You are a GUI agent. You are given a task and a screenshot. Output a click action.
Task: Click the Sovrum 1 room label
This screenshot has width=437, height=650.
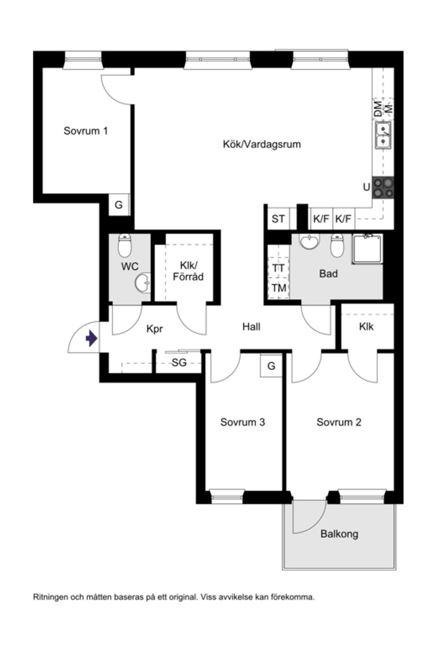click(86, 131)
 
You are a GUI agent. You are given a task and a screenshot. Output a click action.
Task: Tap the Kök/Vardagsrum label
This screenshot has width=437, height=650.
click(262, 144)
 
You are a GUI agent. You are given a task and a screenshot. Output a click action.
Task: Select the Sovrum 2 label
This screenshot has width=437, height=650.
click(339, 422)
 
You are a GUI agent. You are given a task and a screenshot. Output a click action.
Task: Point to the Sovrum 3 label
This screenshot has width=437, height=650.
click(243, 422)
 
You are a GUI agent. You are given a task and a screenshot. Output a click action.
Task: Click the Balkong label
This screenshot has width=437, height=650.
click(339, 534)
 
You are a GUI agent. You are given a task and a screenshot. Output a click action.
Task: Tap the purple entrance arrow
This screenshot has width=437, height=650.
click(91, 338)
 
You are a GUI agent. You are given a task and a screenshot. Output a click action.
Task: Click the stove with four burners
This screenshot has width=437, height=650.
click(384, 187)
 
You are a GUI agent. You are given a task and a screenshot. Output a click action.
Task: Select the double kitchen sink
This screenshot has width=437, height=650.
click(384, 134)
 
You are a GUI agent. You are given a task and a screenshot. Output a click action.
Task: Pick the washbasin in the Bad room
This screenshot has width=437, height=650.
click(309, 242)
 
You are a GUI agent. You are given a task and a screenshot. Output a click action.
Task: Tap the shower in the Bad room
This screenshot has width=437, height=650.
click(368, 248)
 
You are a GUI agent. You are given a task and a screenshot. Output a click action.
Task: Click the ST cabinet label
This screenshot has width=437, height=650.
click(278, 219)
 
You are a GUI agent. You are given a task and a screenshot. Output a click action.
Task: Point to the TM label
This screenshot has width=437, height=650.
click(279, 288)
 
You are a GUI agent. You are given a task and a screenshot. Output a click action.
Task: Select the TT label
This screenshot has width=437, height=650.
click(279, 268)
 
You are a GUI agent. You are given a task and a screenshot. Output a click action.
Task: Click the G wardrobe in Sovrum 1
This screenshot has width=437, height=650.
click(119, 205)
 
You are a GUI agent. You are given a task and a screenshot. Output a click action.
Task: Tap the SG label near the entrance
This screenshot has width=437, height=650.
click(179, 363)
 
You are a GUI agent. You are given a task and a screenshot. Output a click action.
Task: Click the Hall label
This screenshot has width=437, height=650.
click(252, 327)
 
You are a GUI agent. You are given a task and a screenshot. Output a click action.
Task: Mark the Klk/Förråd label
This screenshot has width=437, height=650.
click(188, 272)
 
